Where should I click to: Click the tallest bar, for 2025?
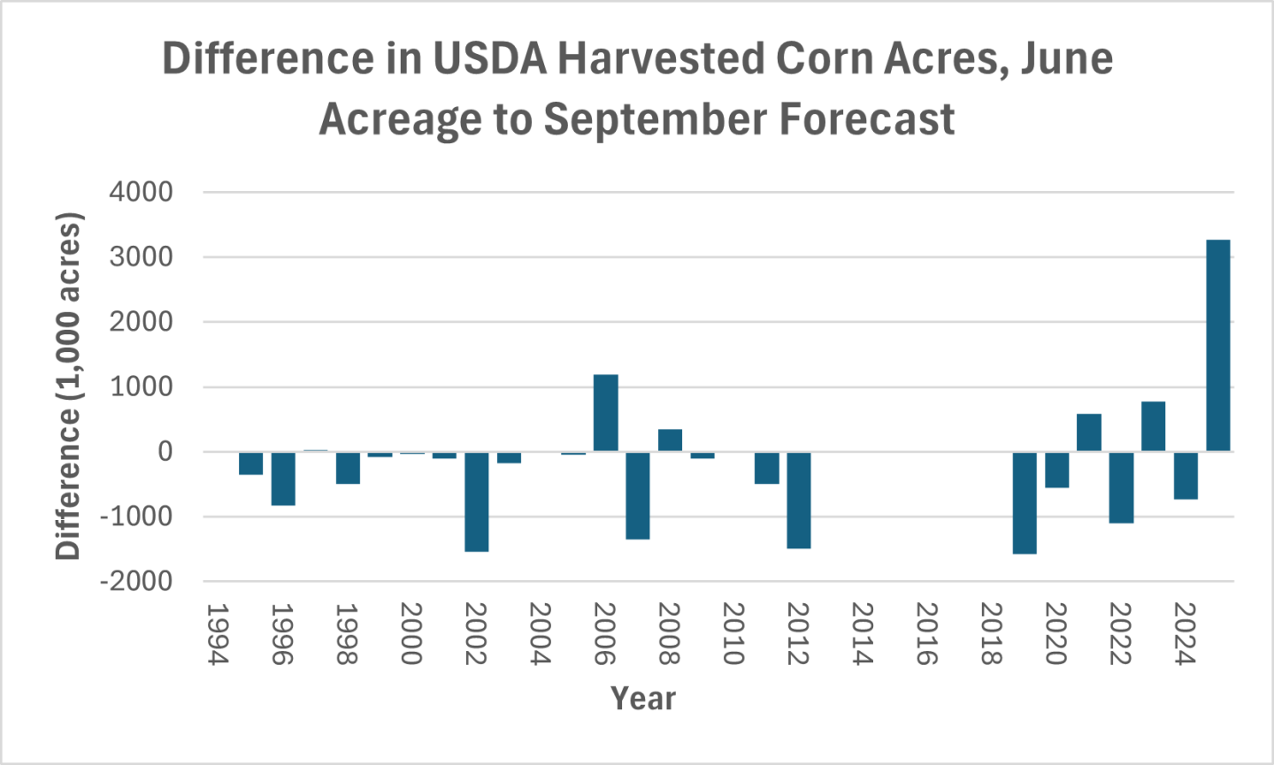tap(1217, 346)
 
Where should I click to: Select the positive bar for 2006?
tap(605, 413)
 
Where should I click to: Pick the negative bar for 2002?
tap(476, 501)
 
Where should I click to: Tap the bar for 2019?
tap(1025, 502)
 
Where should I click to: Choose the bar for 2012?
tap(799, 500)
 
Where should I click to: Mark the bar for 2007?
tap(638, 495)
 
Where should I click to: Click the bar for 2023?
tap(1153, 426)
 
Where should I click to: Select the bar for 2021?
tap(1088, 432)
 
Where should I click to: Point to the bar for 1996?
tap(283, 478)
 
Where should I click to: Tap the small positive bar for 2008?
tap(670, 440)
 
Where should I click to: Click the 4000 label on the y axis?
tap(141, 192)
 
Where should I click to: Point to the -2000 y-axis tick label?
tap(135, 582)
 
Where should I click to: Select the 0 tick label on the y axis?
tap(165, 452)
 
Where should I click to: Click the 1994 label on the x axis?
tap(218, 634)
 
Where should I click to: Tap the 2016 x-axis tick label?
tap(926, 634)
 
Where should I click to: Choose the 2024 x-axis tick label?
tap(1185, 634)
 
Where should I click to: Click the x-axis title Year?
tap(643, 699)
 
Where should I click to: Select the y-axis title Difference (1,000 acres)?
tap(68, 386)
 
